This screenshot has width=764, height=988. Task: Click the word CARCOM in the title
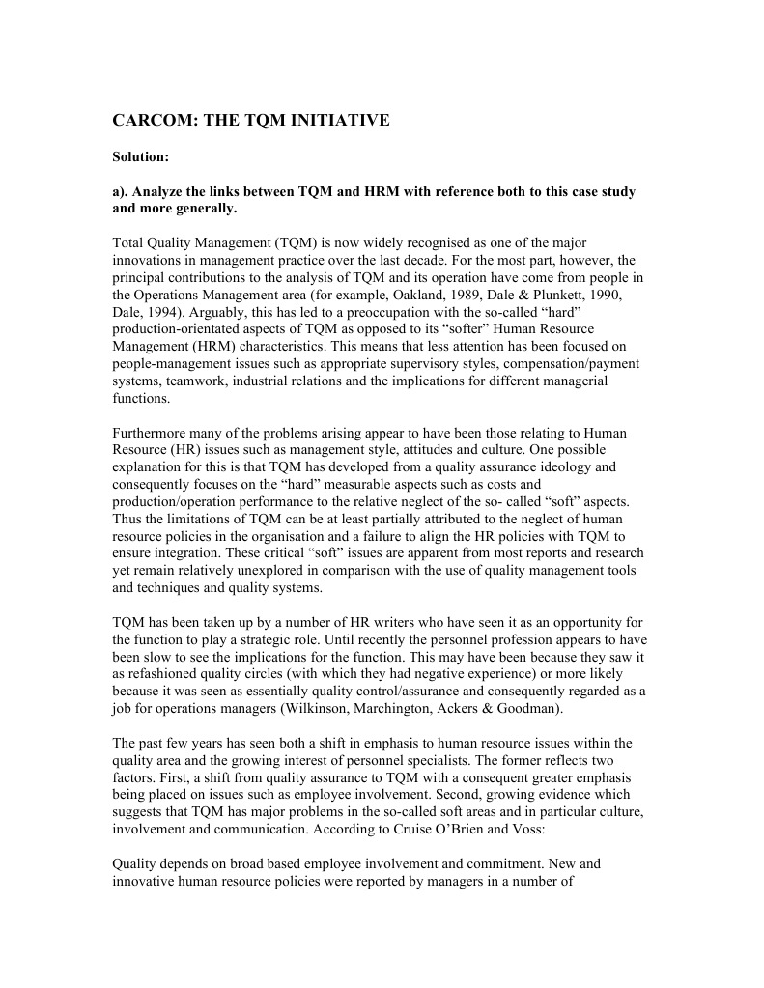pos(151,121)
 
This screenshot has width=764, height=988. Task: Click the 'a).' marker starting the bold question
pos(124,192)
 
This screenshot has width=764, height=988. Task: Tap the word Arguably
pos(219,310)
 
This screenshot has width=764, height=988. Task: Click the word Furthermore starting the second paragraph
pos(153,434)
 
